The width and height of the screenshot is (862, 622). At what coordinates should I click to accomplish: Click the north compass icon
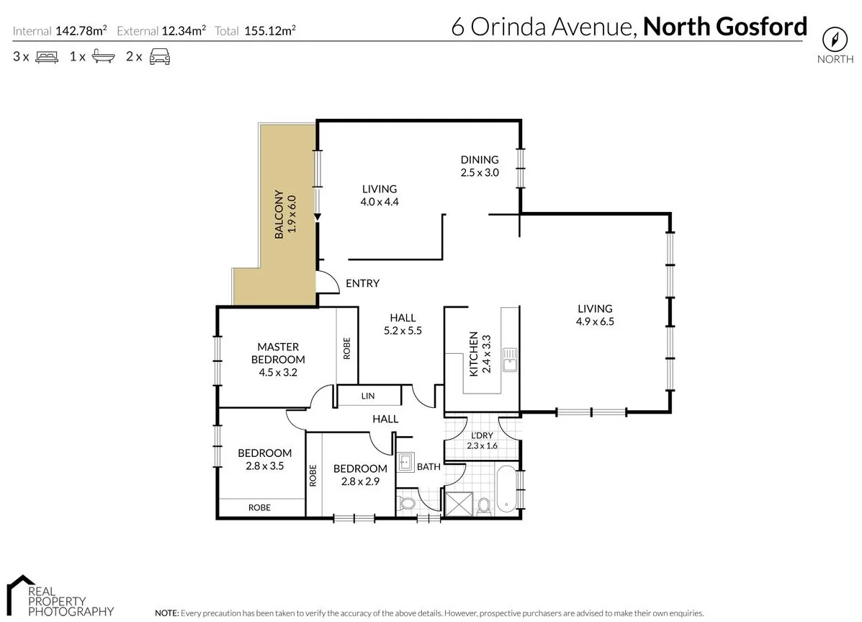pos(835,38)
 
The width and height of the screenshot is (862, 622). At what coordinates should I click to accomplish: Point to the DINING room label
pos(480,160)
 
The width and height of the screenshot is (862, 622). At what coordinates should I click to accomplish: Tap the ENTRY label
pos(362,283)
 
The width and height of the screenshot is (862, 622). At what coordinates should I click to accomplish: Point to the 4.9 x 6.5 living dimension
pos(594,321)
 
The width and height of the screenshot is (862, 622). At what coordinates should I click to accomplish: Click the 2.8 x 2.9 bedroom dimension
pos(360,481)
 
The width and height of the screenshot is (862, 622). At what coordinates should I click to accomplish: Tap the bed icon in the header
pos(46,57)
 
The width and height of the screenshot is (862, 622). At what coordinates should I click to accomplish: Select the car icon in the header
pos(159,57)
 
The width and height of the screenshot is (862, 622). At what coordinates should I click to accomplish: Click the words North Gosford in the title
pos(724,27)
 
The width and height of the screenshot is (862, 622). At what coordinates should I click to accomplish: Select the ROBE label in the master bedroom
pos(347,349)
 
